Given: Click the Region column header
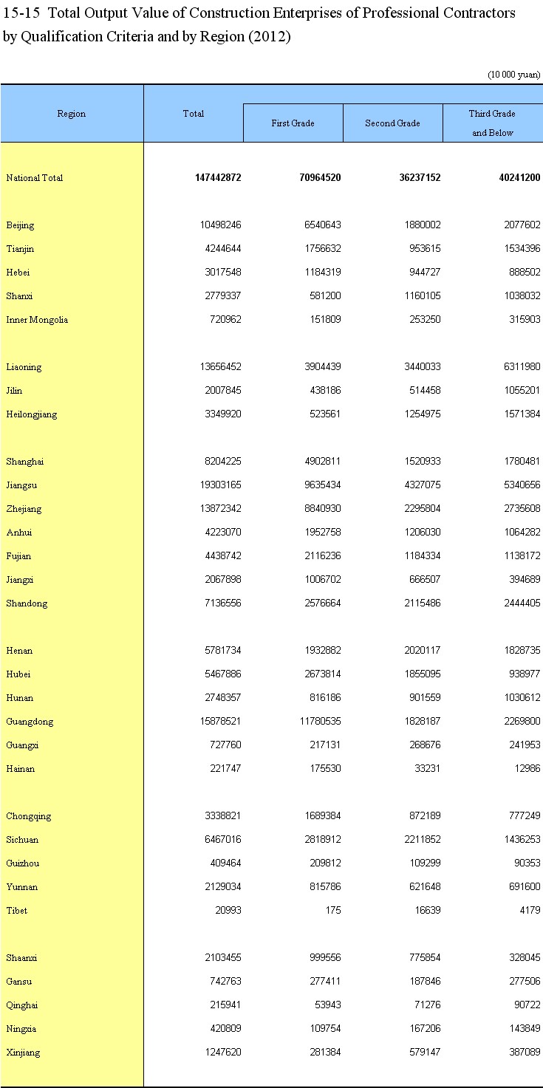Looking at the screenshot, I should [72, 114].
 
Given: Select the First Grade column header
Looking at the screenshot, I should [293, 123].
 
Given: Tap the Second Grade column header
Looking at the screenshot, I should [392, 123].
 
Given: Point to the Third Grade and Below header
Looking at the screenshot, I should [492, 123].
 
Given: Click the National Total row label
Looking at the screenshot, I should [35, 178].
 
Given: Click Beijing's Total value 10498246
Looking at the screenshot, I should [218, 225].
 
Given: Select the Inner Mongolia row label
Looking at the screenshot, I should [37, 320].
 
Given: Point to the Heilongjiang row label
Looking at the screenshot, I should [31, 414].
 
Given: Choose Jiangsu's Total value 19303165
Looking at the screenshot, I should [218, 485].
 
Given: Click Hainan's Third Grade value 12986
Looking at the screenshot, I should [525, 769].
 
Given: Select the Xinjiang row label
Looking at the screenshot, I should [24, 1053].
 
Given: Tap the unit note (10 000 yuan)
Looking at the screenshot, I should [513, 75].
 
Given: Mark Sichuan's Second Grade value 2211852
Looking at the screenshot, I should [417, 840].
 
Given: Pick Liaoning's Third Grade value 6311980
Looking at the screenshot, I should [517, 367].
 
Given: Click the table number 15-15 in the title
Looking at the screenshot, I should [22, 13].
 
